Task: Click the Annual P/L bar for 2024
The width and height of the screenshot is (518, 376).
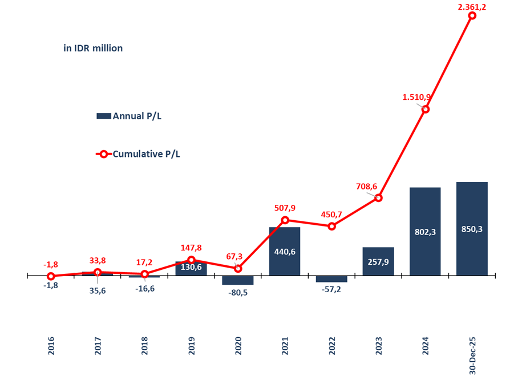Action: click(425, 231)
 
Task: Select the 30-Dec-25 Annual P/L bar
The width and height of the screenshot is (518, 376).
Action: click(472, 228)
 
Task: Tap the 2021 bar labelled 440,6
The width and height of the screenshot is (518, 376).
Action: click(285, 251)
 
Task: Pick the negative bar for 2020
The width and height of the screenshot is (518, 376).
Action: click(238, 280)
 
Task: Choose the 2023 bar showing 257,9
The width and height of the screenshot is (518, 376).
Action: click(378, 261)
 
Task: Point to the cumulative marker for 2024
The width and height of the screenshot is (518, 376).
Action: click(425, 109)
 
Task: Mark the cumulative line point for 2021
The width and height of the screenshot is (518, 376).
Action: click(285, 220)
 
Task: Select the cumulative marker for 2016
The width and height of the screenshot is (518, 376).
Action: click(51, 276)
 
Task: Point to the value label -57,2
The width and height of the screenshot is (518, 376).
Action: click(331, 289)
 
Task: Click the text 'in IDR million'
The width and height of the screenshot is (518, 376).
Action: click(93, 48)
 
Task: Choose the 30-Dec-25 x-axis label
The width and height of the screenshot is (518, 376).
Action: click(472, 354)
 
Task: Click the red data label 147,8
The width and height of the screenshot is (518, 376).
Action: click(191, 248)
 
